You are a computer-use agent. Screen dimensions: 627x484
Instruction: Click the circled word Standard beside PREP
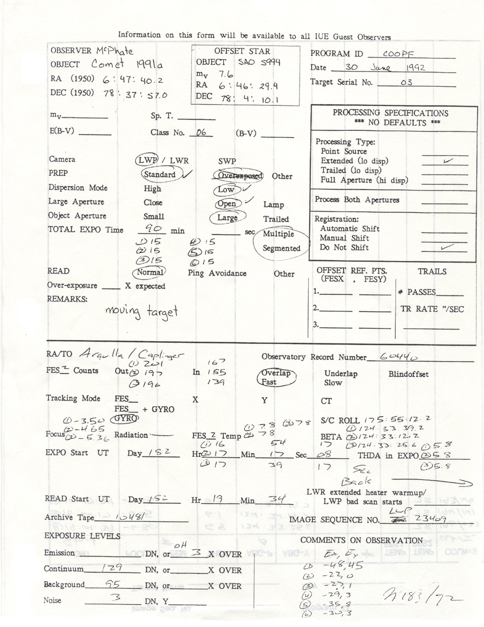point(160,174)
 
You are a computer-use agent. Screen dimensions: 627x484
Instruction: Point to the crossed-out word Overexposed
point(238,175)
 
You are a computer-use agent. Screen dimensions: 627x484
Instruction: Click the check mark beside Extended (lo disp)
point(445,160)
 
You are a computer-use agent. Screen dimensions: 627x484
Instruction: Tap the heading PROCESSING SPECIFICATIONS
point(390,113)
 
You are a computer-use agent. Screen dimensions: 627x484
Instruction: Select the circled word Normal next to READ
point(150,272)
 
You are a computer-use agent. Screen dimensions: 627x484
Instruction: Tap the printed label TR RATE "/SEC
point(432,309)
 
